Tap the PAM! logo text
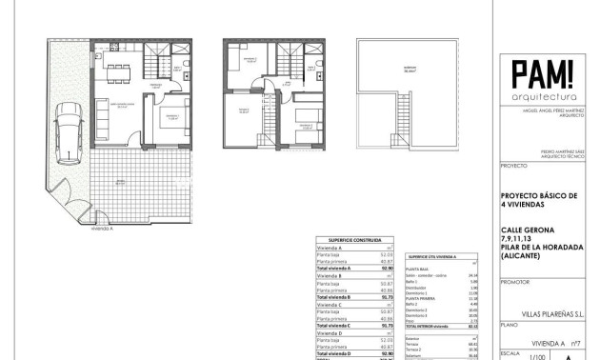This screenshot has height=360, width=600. (541, 73)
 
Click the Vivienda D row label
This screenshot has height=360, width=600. (330, 333)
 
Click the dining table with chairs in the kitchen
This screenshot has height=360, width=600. (120, 69)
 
